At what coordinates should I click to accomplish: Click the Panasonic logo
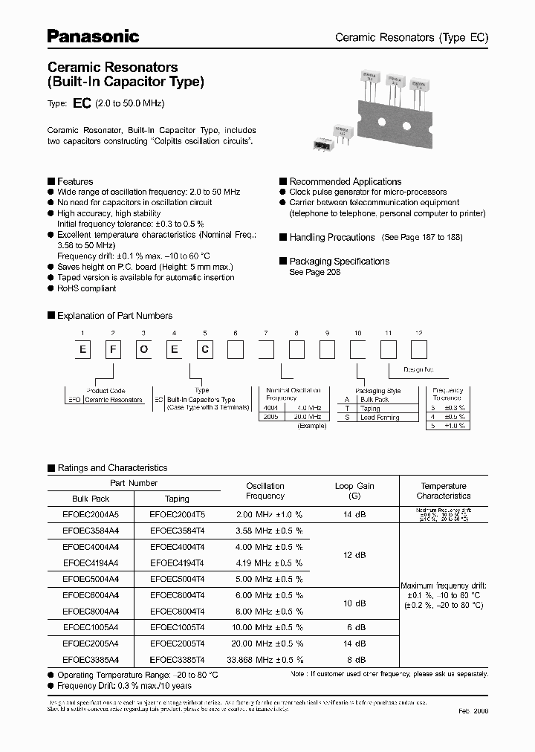pos(93,36)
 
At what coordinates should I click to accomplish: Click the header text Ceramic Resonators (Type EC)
pos(412,37)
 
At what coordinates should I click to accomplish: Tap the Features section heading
pos(75,181)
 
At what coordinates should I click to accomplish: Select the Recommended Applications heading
pos(345,181)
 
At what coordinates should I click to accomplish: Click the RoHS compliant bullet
pos(86,288)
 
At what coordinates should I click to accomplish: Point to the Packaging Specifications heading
pos(339,262)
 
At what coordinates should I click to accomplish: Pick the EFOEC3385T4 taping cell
pos(177,659)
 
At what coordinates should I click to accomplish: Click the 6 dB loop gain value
pos(355,627)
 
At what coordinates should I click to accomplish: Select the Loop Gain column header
pos(355,490)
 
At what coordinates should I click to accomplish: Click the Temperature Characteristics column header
pos(444,490)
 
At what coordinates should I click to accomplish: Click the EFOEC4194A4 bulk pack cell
pos(91,563)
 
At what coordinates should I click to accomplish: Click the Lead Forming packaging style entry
pos(380,418)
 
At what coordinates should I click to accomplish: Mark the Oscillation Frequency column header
pos(265,490)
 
